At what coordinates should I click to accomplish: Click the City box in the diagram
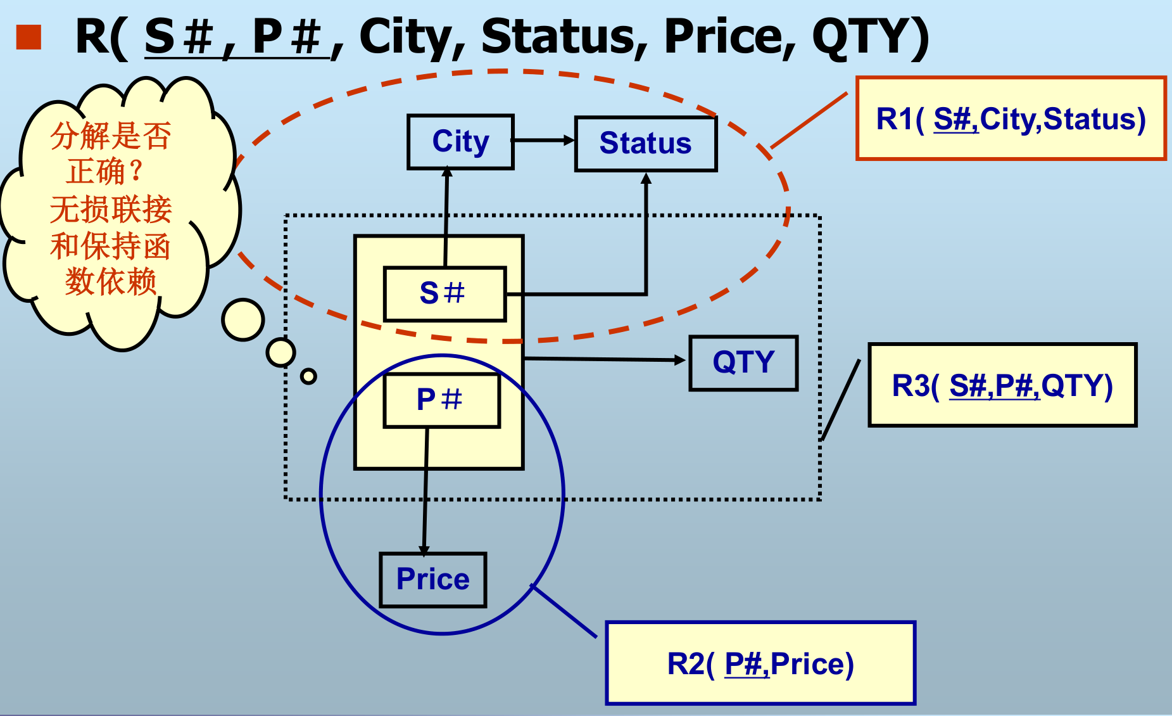pos(460,142)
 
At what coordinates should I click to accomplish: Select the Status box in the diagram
pos(645,144)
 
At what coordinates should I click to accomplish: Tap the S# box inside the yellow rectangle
pos(444,294)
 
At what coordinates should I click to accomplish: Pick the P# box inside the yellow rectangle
pos(441,400)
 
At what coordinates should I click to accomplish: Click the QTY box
pos(743,363)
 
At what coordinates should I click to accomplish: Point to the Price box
pos(432,580)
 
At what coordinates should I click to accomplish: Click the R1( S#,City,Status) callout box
pos(1011,118)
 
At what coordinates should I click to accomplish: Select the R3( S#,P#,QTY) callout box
pos(1002,385)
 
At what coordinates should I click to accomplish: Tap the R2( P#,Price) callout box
pos(760,663)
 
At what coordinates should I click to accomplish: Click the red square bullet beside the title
pos(28,37)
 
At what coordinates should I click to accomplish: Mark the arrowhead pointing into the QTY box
pos(681,360)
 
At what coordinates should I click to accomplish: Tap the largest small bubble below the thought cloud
pos(243,320)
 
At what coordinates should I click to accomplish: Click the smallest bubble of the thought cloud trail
pos(308,376)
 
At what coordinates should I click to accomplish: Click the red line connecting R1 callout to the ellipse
pos(809,120)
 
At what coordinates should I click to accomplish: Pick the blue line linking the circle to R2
pos(564,611)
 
